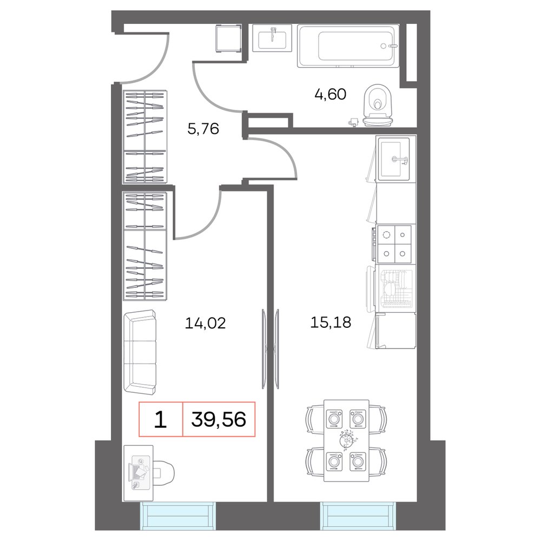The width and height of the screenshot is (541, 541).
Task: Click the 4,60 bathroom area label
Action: tap(330, 94)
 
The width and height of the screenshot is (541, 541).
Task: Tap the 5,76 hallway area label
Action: tap(203, 129)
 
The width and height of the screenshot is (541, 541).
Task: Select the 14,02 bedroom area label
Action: tap(205, 323)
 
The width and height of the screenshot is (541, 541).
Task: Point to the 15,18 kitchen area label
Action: tap(331, 322)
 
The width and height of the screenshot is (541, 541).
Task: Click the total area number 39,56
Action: tap(219, 420)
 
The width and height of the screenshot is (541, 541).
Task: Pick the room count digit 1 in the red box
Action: tap(160, 420)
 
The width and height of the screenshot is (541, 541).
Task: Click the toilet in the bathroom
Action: tap(378, 105)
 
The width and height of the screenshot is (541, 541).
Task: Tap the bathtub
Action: tap(348, 45)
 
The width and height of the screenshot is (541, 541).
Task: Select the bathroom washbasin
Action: tap(272, 38)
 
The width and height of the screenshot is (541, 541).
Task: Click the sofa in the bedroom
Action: tap(140, 352)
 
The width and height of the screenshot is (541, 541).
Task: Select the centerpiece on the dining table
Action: tap(347, 440)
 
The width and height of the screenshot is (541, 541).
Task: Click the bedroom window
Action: tap(177, 516)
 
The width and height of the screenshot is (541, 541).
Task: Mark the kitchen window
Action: tap(358, 516)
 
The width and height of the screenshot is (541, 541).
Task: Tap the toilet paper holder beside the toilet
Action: tap(354, 122)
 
